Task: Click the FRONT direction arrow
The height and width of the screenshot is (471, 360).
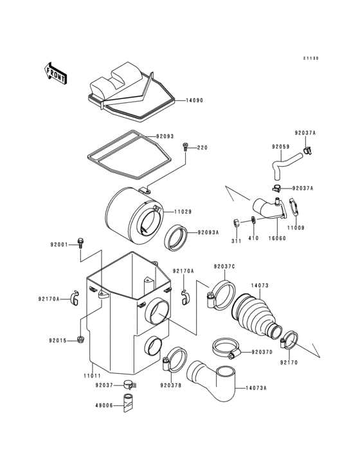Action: point(57,73)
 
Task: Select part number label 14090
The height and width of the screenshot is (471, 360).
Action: point(195,100)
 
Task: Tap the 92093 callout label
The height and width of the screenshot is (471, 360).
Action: point(165,136)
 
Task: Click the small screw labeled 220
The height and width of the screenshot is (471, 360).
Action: point(186,147)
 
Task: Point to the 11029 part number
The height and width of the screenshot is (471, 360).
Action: point(181,211)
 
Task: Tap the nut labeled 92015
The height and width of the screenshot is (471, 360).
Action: point(80,339)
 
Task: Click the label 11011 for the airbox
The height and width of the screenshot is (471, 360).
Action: point(92,375)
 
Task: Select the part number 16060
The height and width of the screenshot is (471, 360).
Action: point(277,238)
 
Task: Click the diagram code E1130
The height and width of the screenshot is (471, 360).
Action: point(311,59)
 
